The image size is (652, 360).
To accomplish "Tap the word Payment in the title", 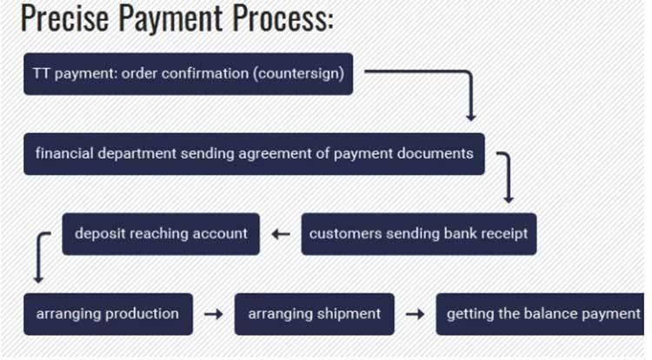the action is click(x=170, y=19).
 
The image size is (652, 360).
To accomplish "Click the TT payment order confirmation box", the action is click(x=189, y=74).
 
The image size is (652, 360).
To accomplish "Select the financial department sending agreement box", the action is click(x=254, y=154).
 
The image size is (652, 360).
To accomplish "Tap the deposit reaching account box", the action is click(x=161, y=234).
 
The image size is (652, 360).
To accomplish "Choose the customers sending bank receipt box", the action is click(x=419, y=234).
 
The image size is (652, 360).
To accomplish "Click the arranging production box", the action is click(x=108, y=314).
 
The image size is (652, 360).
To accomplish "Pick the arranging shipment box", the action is click(x=315, y=314).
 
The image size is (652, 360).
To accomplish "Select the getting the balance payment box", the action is click(x=540, y=314).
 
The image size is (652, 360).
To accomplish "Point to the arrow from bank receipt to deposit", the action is click(x=281, y=235).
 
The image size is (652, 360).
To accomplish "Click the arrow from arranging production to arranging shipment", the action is click(x=214, y=314).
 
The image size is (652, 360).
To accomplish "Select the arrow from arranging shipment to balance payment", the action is click(x=416, y=314).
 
